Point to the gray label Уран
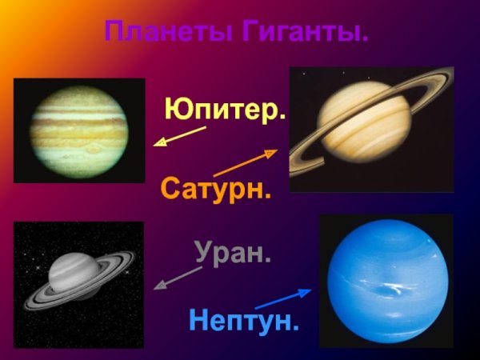coord(233,254)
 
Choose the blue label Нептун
coord(244,321)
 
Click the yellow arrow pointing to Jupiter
coord(179,137)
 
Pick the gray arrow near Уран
coord(178,278)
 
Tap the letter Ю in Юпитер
coord(177,110)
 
